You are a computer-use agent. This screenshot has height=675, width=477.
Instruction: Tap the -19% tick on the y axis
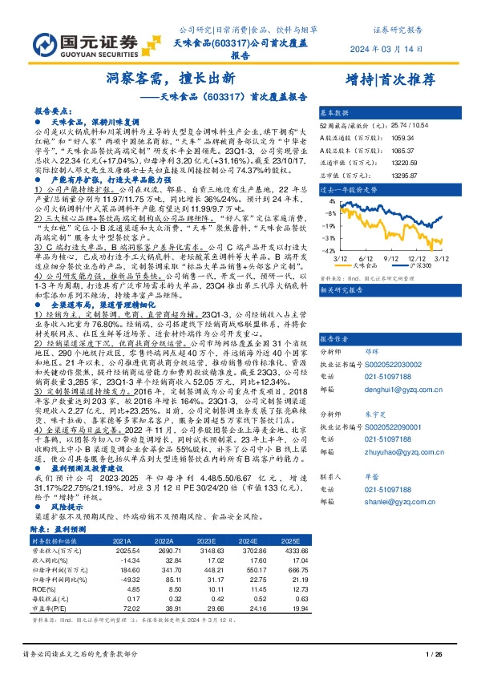329,238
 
